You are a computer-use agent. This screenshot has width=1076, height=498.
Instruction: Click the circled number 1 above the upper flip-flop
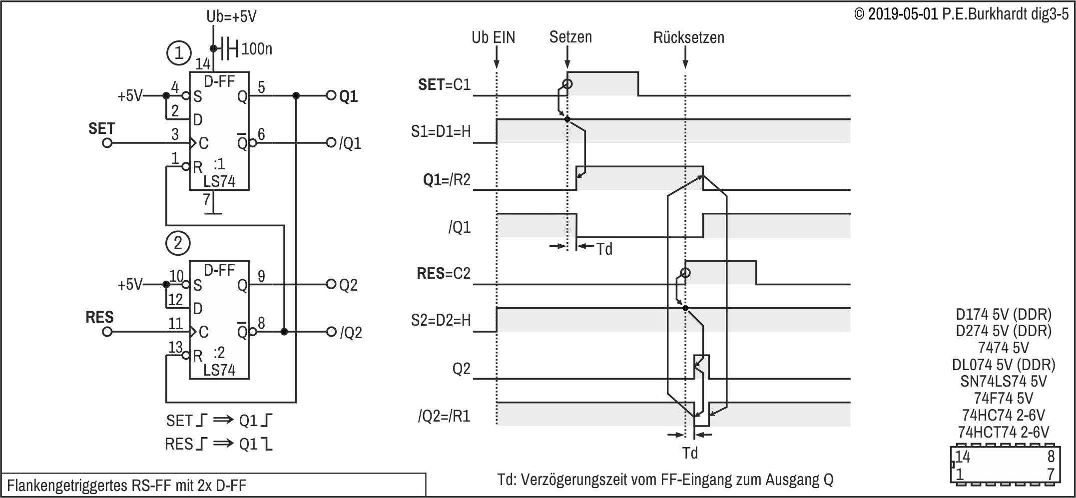(x=178, y=53)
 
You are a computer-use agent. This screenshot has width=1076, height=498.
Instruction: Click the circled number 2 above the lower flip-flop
(x=178, y=243)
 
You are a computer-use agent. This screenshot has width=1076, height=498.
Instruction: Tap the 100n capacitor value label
(x=257, y=49)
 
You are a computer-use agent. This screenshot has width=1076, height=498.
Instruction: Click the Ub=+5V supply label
(x=231, y=16)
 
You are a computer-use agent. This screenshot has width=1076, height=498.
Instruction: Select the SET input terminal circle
(x=107, y=143)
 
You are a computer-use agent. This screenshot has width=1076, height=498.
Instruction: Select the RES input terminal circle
(x=107, y=332)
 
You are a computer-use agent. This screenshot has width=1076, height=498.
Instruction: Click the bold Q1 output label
(x=349, y=96)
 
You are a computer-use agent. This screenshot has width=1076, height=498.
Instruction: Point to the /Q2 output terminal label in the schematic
(x=351, y=333)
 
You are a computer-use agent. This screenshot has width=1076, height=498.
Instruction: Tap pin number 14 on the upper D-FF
(x=203, y=64)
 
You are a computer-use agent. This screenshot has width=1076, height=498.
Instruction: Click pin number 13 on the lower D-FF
(x=175, y=347)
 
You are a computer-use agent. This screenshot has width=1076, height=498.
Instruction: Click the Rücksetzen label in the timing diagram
(x=688, y=37)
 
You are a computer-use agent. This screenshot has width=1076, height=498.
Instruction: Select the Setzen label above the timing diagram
(x=570, y=37)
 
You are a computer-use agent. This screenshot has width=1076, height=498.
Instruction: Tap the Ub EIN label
(x=494, y=37)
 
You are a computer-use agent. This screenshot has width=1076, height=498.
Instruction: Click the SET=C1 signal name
(x=445, y=85)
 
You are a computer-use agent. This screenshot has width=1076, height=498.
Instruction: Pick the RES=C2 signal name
(x=444, y=274)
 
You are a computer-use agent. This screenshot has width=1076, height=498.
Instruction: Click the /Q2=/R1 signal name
(x=444, y=416)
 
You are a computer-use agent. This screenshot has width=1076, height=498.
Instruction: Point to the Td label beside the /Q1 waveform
(x=604, y=249)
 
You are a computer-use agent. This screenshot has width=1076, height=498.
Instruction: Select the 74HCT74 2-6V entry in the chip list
(x=1004, y=432)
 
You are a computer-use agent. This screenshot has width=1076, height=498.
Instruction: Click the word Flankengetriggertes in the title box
(x=67, y=486)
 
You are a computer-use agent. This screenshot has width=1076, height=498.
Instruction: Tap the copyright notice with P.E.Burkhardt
(x=962, y=14)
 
